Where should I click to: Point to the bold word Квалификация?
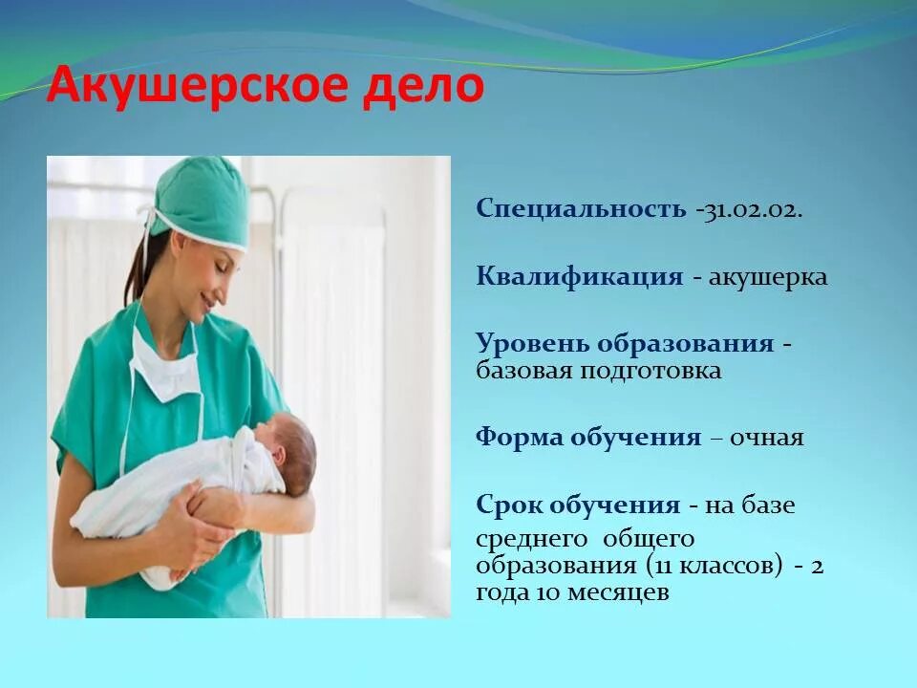[x=580, y=277]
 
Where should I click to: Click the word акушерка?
[x=768, y=277]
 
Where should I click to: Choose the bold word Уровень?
[x=532, y=343]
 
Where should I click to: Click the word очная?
[x=767, y=438]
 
